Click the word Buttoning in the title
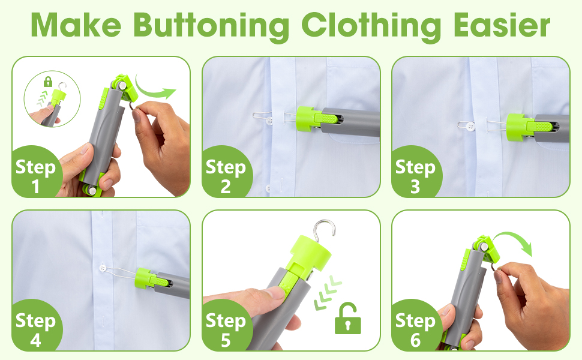pos(211,26)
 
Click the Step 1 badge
pos(36,172)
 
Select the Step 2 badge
pos(226,172)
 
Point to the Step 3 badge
pos(416,172)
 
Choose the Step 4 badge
pos(36,326)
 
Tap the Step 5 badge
pos(226,326)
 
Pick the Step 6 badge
pos(416,326)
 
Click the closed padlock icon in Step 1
pos(48,81)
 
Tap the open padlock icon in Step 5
pos(348,319)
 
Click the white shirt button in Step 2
pos(269,120)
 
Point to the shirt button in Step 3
pos(471,126)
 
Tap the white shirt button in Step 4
pos(103,267)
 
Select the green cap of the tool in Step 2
pos(310,119)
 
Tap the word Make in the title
pos(76,25)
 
